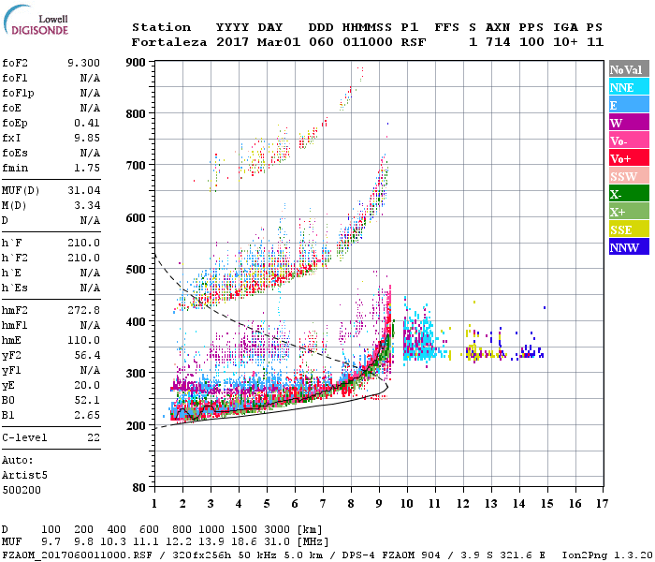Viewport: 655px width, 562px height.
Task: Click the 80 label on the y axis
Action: (x=138, y=487)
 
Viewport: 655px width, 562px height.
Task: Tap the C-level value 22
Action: (x=94, y=437)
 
